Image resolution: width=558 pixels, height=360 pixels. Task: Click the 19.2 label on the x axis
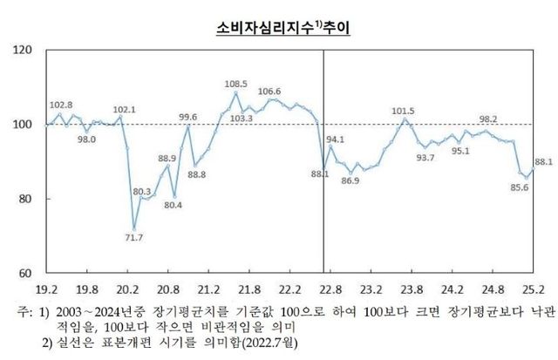point(46,288)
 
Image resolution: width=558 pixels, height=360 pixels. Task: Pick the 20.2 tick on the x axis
point(127,288)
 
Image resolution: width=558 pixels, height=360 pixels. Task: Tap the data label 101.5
point(403,111)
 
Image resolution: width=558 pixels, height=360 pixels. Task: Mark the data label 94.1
point(337,139)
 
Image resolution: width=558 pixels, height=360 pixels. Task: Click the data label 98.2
point(488,119)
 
